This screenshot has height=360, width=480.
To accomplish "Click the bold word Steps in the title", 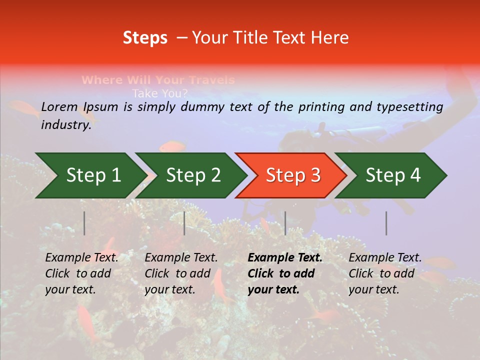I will (145, 37).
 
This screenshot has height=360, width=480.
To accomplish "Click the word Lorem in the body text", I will (59, 106).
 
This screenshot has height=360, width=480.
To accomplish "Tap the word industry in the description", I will (65, 125).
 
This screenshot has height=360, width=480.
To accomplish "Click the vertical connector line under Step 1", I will (84, 223).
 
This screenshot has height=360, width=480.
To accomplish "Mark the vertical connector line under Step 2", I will (184, 223).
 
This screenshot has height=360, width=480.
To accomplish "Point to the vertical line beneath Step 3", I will (285, 223).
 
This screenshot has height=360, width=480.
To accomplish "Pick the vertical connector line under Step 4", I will (386, 223).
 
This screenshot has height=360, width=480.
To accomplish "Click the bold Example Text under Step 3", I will (285, 257).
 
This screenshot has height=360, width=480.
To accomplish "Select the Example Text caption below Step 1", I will (81, 257).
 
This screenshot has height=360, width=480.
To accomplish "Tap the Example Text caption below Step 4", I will (385, 257).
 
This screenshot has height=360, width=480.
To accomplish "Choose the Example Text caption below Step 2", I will (181, 257).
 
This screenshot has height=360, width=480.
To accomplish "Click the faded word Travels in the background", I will (210, 80).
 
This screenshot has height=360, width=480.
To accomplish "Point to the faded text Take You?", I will (160, 93).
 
